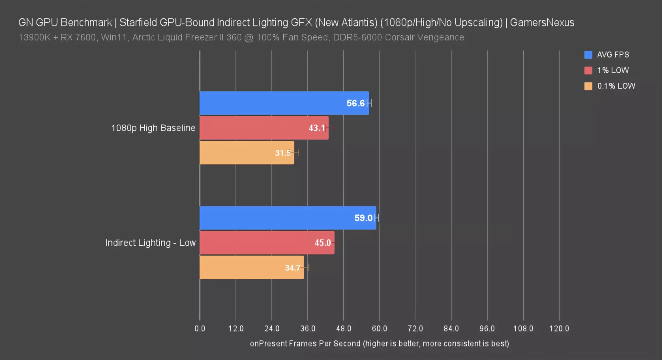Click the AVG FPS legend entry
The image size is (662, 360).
612,55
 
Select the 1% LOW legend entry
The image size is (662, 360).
612,70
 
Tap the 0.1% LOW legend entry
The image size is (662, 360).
616,86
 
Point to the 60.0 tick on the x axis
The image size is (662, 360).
380,329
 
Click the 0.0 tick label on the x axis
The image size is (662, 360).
200,329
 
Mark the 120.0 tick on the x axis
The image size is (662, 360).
559,329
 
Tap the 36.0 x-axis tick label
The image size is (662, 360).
308,329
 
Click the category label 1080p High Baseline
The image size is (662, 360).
153,128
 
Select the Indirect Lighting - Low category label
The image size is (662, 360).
150,243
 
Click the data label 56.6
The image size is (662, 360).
356,103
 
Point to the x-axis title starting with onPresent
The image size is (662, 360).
379,344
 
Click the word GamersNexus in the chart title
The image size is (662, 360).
542,22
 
